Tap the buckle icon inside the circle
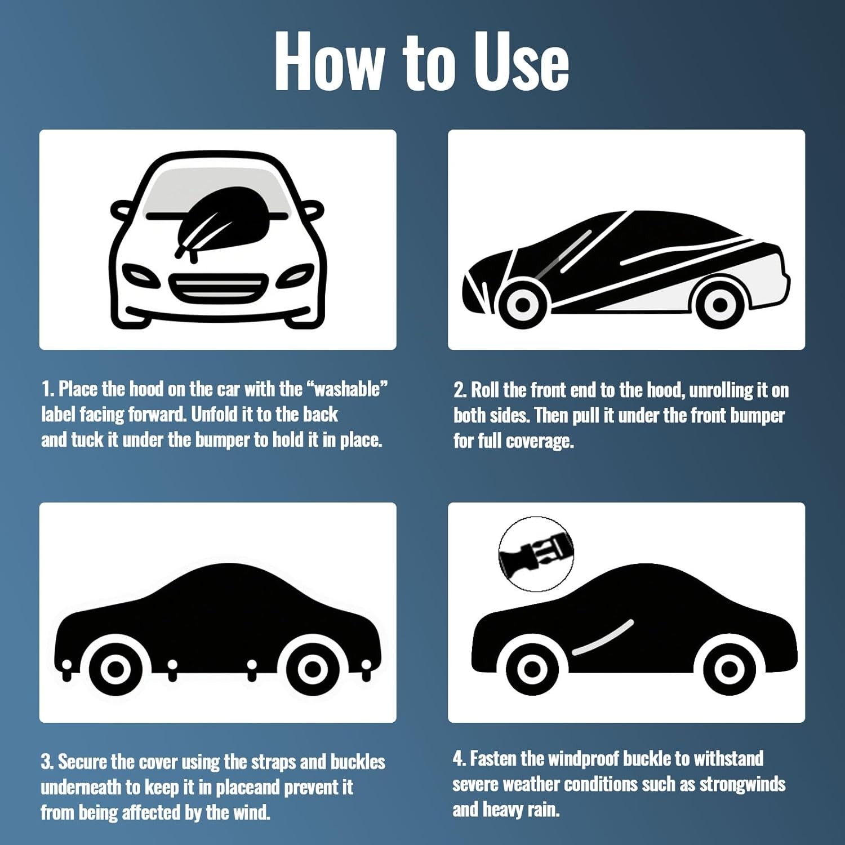coord(536,555)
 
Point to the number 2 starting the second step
coord(459,390)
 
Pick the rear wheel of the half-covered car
coord(720,304)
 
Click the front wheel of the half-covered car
coord(523,304)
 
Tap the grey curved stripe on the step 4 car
coord(603,637)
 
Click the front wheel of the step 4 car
coord(532,669)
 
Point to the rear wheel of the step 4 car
coord(729,669)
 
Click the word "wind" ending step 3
coord(250,812)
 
